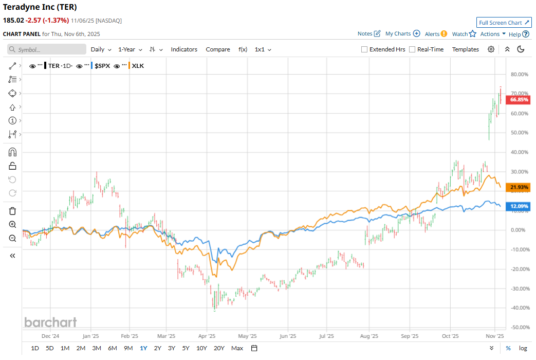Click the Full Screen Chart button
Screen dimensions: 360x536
pos(504,23)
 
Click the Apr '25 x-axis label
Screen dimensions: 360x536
pos(207,337)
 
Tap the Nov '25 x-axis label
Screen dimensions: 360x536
pos(494,337)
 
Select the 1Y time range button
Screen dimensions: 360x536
pos(143,348)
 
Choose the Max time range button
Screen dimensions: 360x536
pos(237,348)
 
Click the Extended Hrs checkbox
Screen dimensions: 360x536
pos(364,49)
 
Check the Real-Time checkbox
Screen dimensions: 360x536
pos(412,49)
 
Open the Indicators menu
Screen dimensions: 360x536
pos(184,49)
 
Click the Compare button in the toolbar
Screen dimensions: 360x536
pos(218,49)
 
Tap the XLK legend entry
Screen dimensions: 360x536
pos(138,66)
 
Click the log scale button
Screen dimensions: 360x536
pos(523,348)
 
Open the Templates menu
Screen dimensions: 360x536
pos(465,49)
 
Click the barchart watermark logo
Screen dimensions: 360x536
pos(50,322)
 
